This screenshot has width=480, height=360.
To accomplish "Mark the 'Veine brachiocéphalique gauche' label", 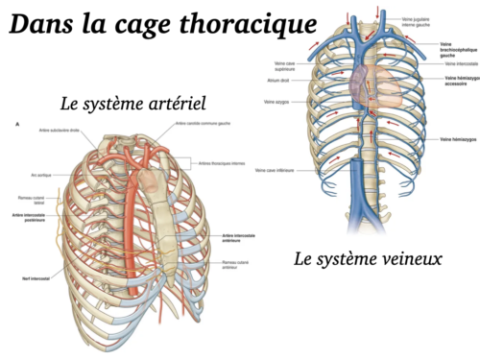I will [x=456, y=48].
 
